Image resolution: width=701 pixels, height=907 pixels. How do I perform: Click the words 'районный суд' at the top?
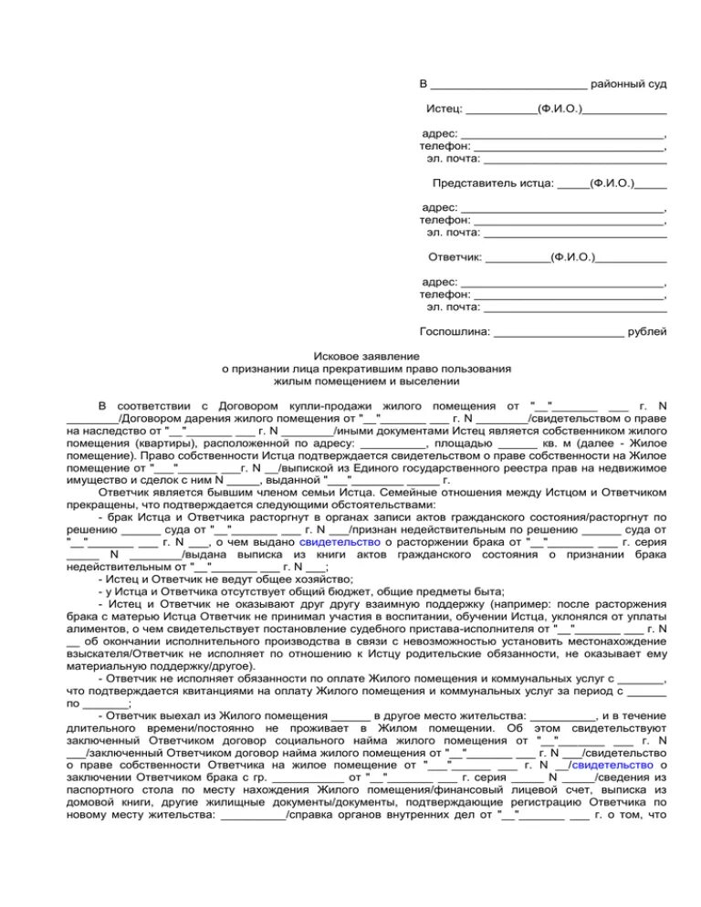pyautogui.click(x=628, y=84)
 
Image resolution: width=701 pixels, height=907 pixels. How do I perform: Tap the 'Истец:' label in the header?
pyautogui.click(x=445, y=109)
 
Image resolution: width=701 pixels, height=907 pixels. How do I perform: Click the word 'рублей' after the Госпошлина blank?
pyautogui.click(x=648, y=331)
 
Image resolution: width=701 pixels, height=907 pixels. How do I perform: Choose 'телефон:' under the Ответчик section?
pyautogui.click(x=445, y=294)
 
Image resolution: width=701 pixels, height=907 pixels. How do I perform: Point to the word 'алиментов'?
pyautogui.click(x=96, y=629)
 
